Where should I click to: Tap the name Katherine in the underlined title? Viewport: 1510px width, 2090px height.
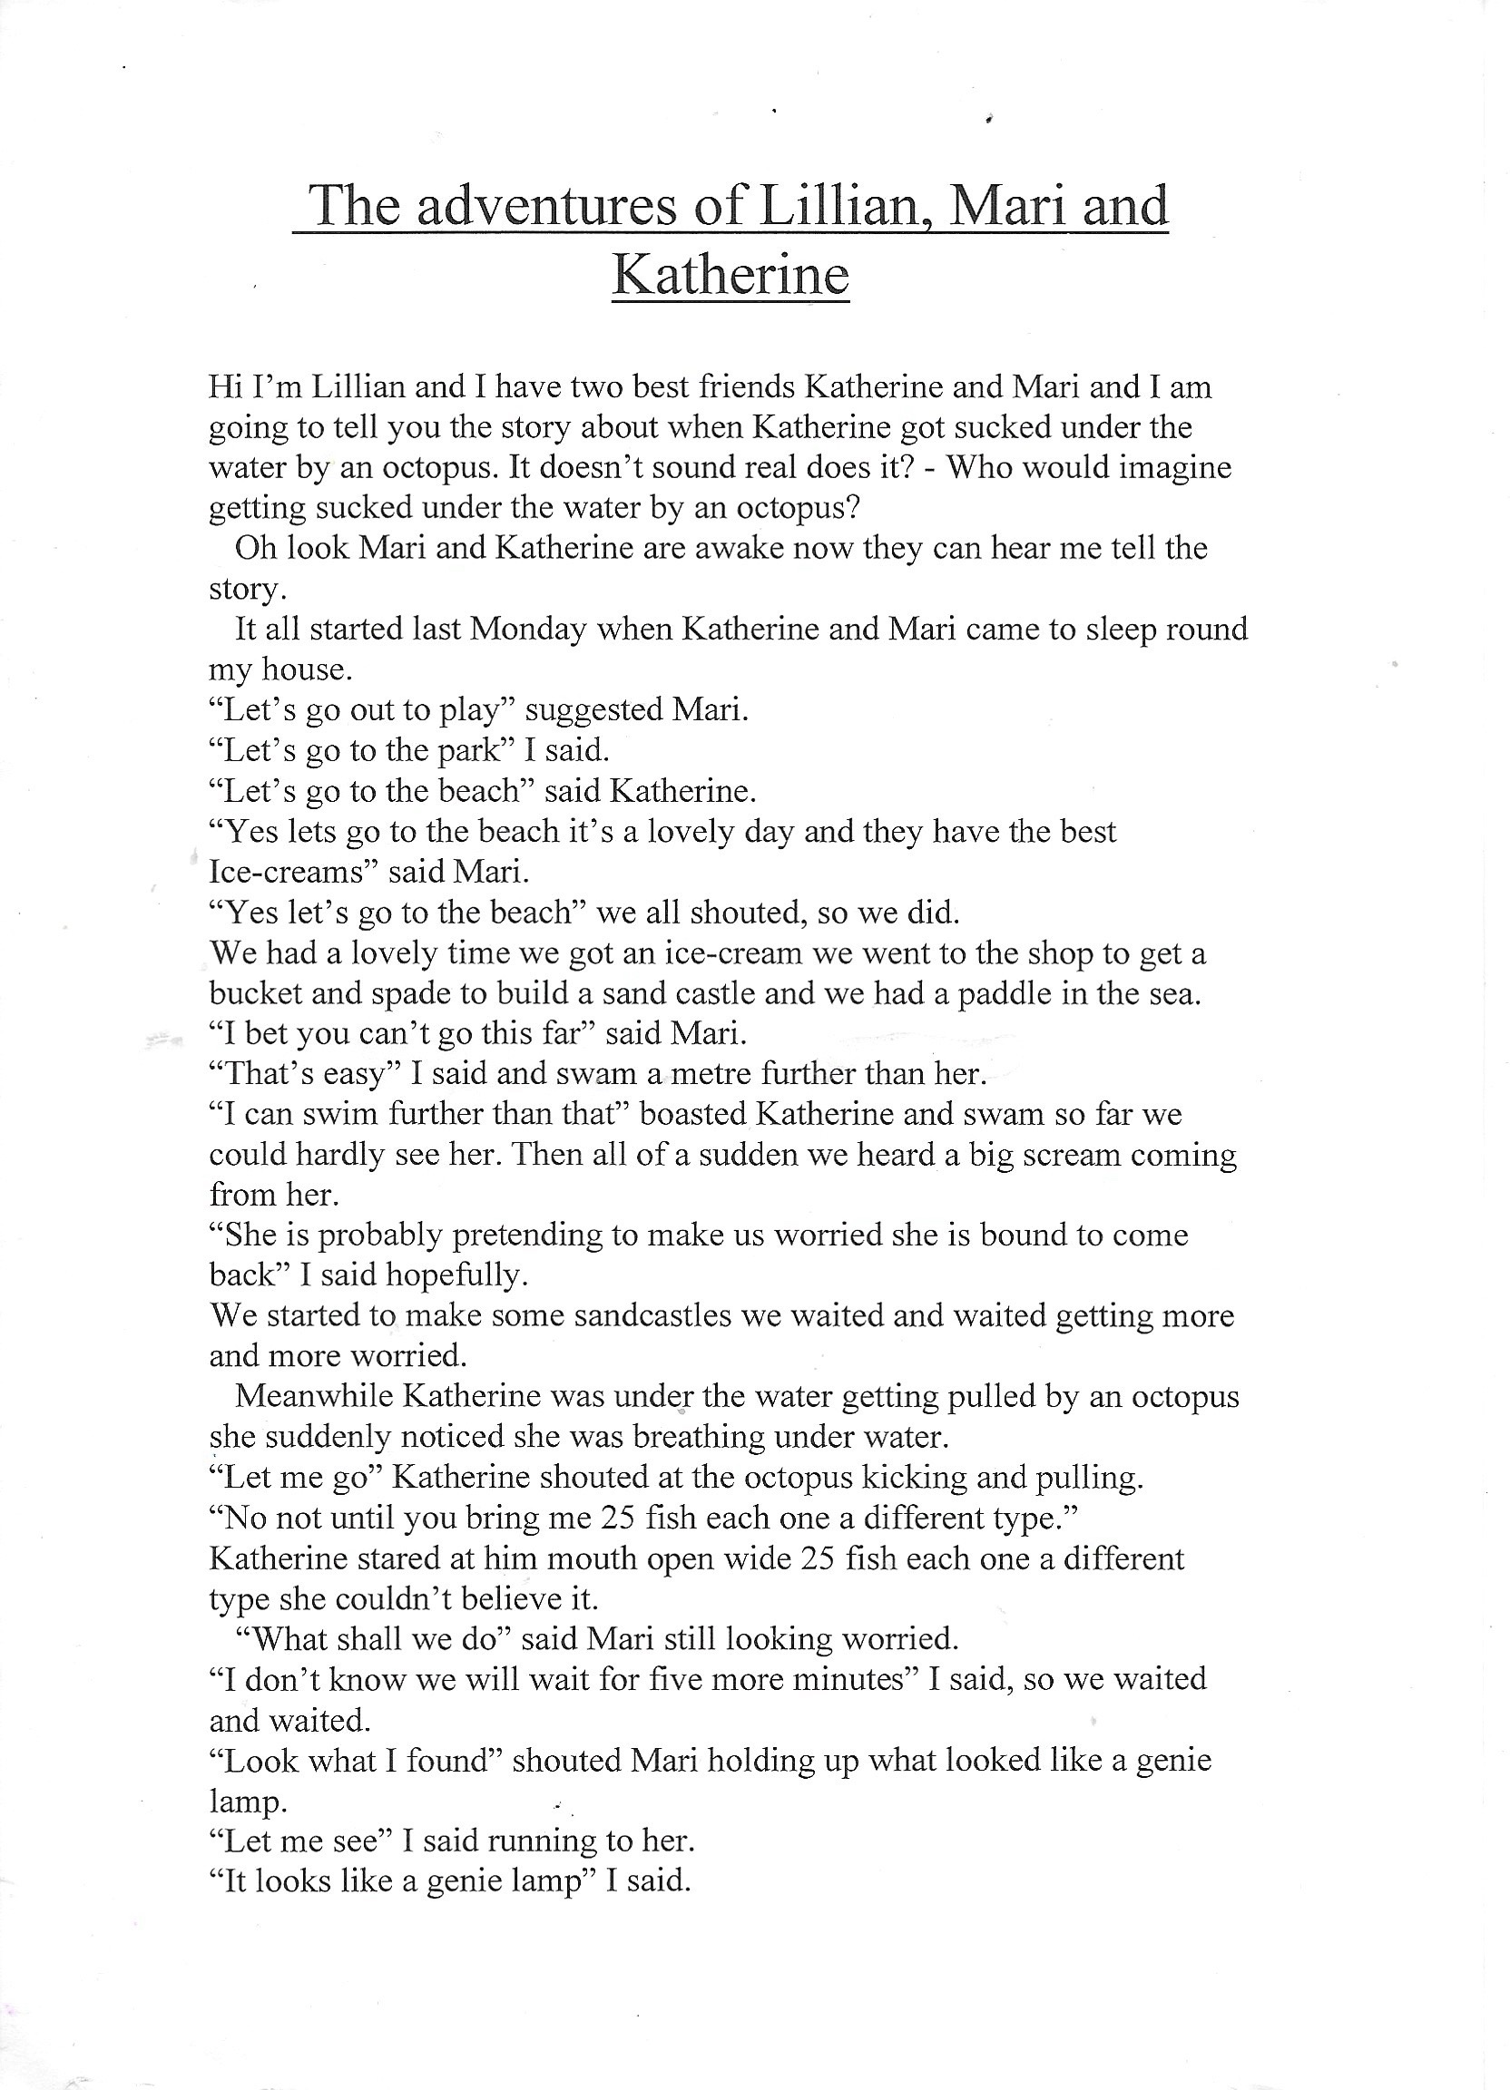(x=730, y=275)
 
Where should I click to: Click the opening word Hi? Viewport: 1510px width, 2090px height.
(x=224, y=386)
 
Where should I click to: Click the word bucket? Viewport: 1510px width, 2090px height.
(x=255, y=993)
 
